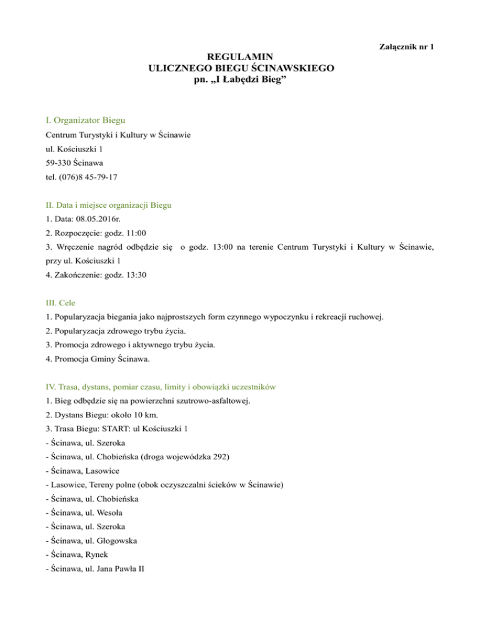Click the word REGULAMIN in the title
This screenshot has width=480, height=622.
pos(240,56)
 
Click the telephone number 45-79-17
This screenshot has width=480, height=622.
pos(100,177)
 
